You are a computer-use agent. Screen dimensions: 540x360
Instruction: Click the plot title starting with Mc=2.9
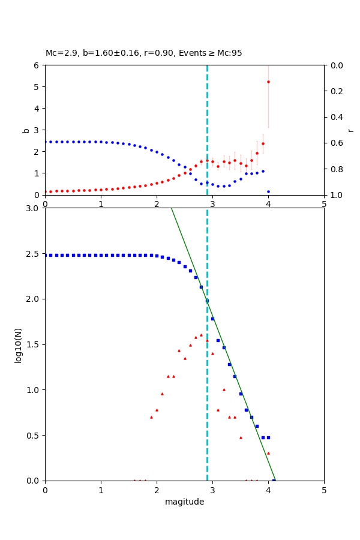pyautogui.click(x=144, y=53)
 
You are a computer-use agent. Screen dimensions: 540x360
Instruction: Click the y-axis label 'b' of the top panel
pyautogui.click(x=26, y=130)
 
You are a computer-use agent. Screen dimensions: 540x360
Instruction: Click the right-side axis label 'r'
pyautogui.click(x=351, y=130)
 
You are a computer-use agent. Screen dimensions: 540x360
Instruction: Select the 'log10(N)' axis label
pyautogui.click(x=18, y=344)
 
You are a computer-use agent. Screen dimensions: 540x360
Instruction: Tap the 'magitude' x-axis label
pyautogui.click(x=184, y=502)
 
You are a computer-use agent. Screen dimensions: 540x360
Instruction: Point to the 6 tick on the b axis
pyautogui.click(x=38, y=65)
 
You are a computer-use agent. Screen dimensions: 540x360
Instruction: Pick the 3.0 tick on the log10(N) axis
pyautogui.click(x=34, y=208)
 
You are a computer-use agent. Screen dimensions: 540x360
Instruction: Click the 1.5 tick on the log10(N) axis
pyautogui.click(x=34, y=344)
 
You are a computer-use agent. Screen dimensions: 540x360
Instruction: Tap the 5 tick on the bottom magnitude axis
pyautogui.click(x=324, y=489)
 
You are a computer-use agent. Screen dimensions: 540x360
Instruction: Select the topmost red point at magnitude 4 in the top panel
pyautogui.click(x=268, y=82)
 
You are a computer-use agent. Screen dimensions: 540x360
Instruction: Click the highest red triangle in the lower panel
pyautogui.click(x=201, y=335)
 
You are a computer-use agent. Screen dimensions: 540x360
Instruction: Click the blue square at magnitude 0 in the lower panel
pyautogui.click(x=45, y=255)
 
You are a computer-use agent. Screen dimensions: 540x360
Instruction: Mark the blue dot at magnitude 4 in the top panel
pyautogui.click(x=268, y=191)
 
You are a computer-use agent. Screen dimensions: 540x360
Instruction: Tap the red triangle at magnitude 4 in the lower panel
pyautogui.click(x=268, y=453)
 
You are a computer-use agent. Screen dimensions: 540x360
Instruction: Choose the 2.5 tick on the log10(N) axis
pyautogui.click(x=34, y=254)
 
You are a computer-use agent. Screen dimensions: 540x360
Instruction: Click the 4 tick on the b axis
pyautogui.click(x=38, y=109)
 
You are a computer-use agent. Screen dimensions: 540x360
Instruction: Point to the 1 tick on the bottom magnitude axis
pyautogui.click(x=101, y=489)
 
